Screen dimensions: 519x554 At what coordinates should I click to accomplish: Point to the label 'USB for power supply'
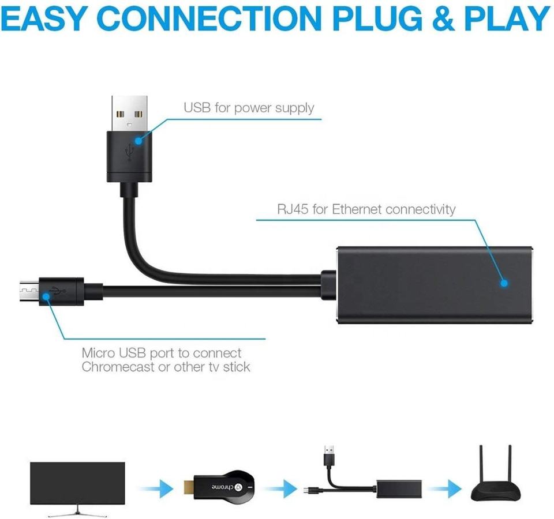tap(249, 108)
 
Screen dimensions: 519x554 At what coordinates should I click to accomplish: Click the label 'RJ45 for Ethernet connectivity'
tap(366, 209)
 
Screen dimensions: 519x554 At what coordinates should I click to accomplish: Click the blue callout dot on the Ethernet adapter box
tap(504, 283)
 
